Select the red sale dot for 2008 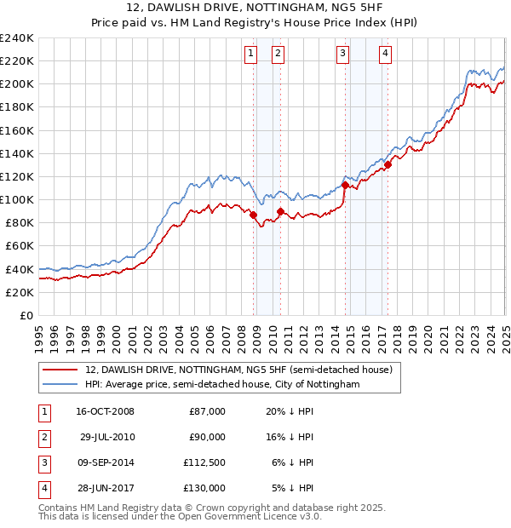(254, 215)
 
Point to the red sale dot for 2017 (388, 165)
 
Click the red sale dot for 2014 (345, 185)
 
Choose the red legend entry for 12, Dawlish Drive (238, 370)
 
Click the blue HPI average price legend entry (222, 385)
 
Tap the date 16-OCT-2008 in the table (105, 411)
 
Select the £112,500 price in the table (204, 462)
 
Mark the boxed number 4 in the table (43, 488)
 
